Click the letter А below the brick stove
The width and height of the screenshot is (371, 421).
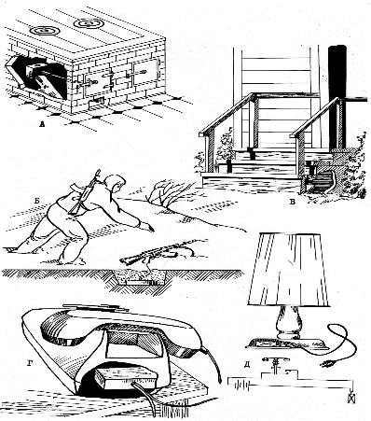(43, 125)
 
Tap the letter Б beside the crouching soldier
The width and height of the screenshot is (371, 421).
(37, 201)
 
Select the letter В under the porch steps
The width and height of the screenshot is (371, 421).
(292, 203)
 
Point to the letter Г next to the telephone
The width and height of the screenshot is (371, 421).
(30, 363)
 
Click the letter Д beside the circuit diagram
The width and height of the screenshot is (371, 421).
(247, 365)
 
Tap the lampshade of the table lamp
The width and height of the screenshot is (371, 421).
(288, 269)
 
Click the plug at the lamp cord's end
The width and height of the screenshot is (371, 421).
(328, 363)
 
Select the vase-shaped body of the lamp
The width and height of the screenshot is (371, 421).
(288, 322)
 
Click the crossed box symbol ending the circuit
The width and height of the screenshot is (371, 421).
(351, 399)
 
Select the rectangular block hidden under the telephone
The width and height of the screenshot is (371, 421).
(127, 378)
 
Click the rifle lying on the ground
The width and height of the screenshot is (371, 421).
(156, 255)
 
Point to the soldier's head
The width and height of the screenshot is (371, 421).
(115, 183)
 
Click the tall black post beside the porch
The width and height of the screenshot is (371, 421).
(337, 96)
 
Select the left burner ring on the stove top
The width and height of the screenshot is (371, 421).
(45, 31)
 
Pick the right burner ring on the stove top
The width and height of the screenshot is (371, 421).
(89, 23)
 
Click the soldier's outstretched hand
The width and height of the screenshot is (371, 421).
(147, 226)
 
